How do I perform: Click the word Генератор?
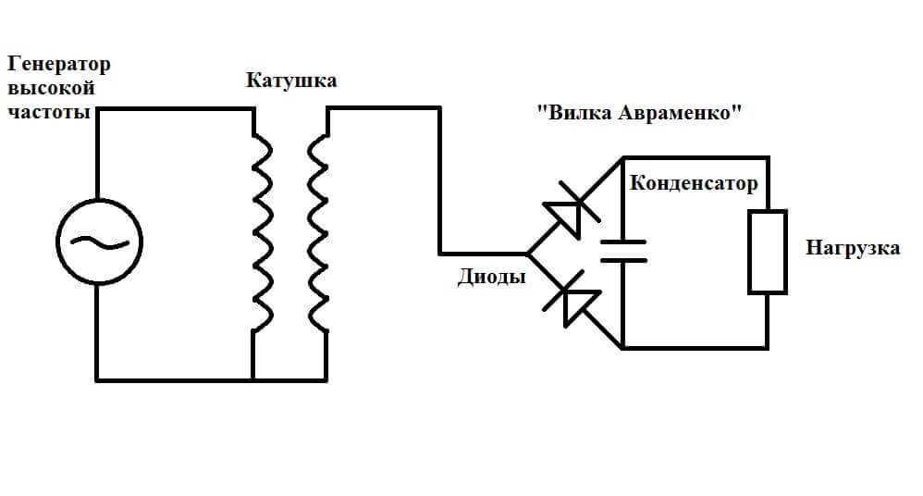pyautogui.click(x=60, y=66)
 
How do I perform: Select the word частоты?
pyautogui.click(x=49, y=112)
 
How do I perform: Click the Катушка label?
pyautogui.click(x=291, y=81)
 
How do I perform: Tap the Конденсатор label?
pyautogui.click(x=694, y=182)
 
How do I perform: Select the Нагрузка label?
pyautogui.click(x=852, y=248)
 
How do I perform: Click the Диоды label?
pyautogui.click(x=492, y=277)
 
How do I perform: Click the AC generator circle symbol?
pyautogui.click(x=98, y=241)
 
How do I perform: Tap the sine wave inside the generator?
pyautogui.click(x=98, y=242)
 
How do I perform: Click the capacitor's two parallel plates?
pyautogui.click(x=622, y=251)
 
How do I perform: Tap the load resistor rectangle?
pyautogui.click(x=767, y=252)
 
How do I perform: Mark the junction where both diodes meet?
pyautogui.click(x=528, y=253)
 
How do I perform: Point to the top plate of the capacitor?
pyautogui.click(x=622, y=243)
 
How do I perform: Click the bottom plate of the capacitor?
pyautogui.click(x=622, y=260)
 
